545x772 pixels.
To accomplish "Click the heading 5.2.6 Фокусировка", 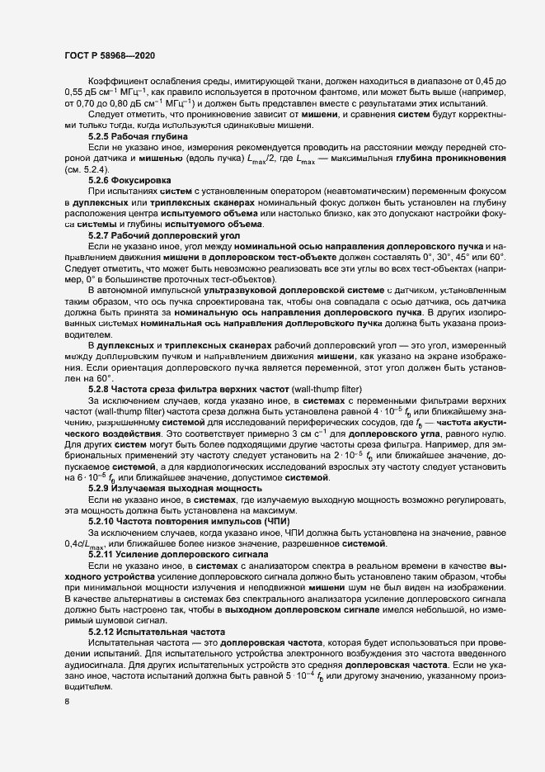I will [130, 178].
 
